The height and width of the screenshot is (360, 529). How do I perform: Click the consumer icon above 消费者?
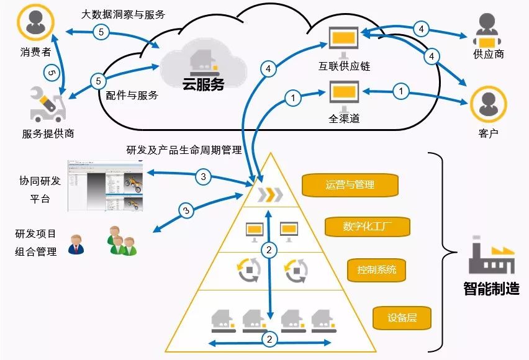click(35, 22)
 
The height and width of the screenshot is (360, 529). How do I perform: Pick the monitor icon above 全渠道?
click(343, 94)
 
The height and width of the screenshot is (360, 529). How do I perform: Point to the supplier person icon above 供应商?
click(488, 29)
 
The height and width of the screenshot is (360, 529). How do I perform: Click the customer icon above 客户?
click(488, 103)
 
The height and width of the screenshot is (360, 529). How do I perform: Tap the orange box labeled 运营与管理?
click(350, 184)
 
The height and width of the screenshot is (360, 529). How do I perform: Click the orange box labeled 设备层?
click(401, 318)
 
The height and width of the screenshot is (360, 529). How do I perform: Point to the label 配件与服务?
click(132, 96)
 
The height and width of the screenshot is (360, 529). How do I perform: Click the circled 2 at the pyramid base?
click(269, 340)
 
